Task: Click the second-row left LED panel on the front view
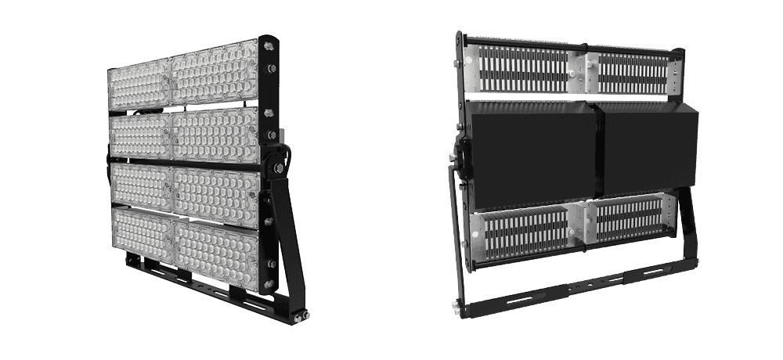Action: click(x=140, y=135)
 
